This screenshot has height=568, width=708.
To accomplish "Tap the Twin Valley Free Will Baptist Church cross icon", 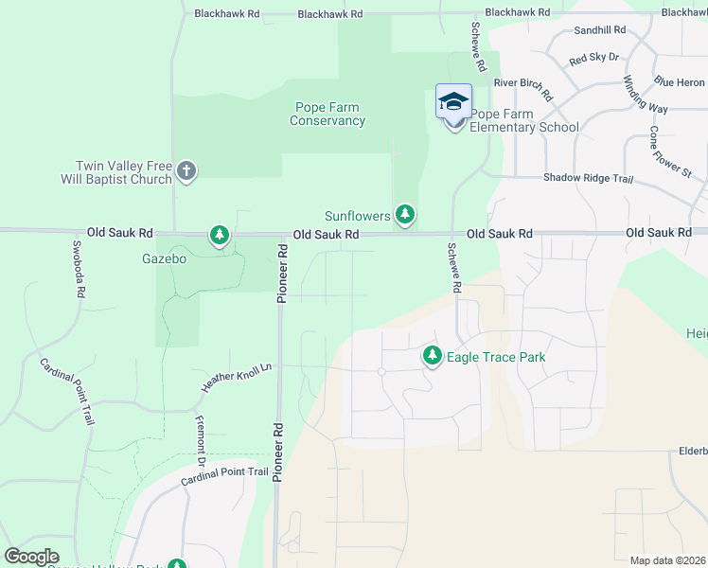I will coord(186,171).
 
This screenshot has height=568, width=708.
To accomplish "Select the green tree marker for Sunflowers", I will coord(405,215).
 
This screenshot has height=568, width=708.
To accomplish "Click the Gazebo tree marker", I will coord(220,235).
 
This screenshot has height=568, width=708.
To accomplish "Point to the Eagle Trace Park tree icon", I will coord(433,356).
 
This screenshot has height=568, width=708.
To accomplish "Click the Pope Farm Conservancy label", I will coord(327,114).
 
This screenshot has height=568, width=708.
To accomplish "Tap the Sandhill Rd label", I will coord(600,30).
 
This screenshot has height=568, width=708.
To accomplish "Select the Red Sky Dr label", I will coord(593,59).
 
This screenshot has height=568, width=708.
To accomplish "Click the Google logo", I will coord(32,557).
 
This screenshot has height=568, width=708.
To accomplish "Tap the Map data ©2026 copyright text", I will coord(668,560).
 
